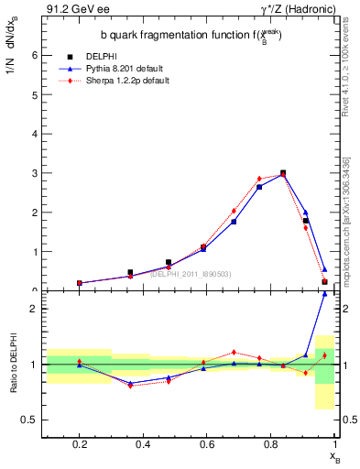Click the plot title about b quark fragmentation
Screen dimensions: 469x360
(191, 35)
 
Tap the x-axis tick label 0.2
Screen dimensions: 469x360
(80, 444)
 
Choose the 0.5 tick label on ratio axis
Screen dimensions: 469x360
(27, 420)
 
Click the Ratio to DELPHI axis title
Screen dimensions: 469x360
(12, 365)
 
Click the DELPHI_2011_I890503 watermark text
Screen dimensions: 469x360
(191, 274)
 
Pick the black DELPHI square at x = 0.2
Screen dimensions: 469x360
(80, 283)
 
